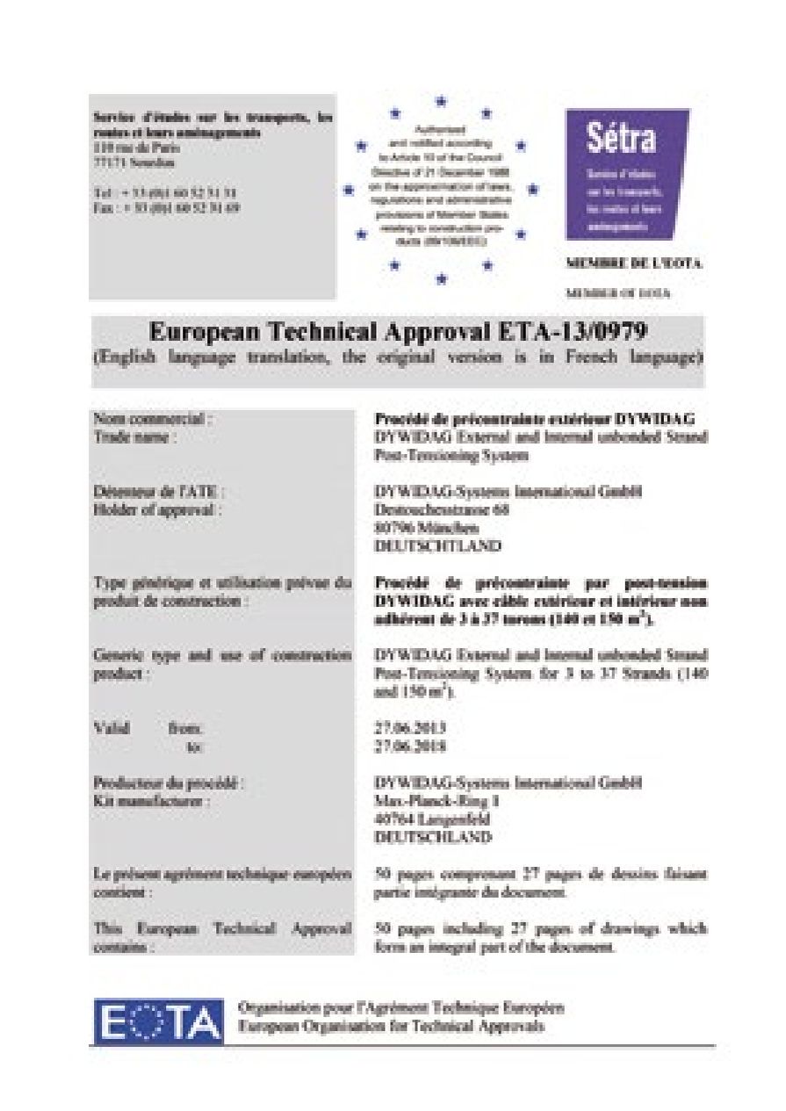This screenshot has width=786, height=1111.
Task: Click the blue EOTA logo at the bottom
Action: coord(157,1022)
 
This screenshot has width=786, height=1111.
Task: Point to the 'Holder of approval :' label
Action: coord(157,509)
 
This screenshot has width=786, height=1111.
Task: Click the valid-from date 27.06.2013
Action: coord(410,728)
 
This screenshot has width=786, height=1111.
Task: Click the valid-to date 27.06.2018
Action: coord(410,747)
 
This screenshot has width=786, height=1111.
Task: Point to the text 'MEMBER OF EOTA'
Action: coord(618,293)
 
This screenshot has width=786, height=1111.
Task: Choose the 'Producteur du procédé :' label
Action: coord(169,783)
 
